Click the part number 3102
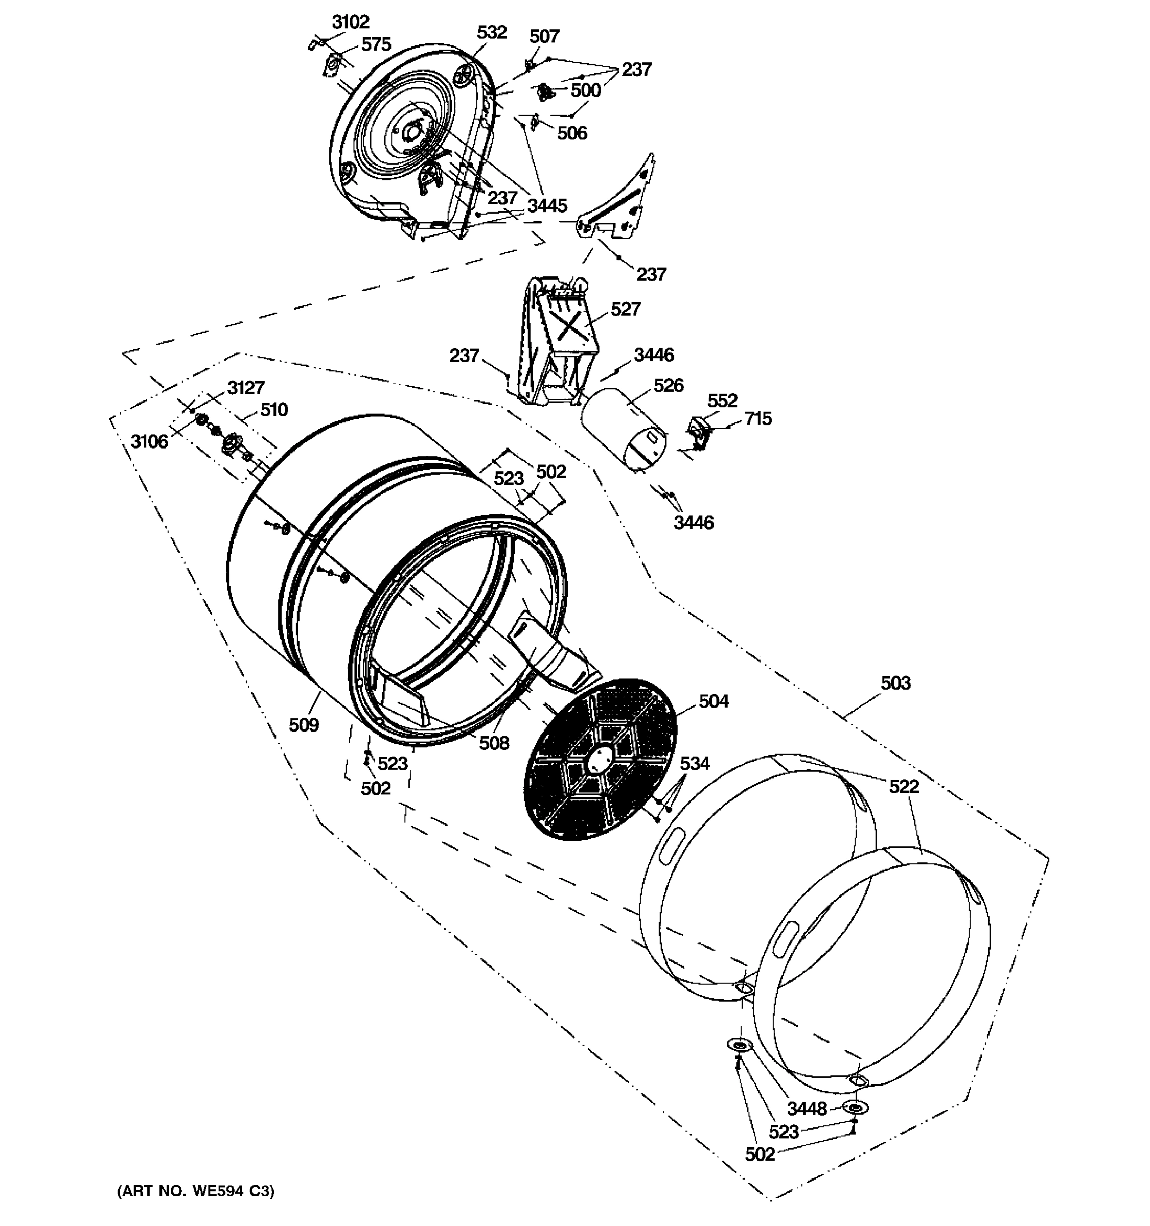[x=351, y=22]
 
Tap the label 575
[x=376, y=44]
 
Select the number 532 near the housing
[x=492, y=32]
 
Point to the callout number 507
[x=544, y=36]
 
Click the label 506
[x=572, y=133]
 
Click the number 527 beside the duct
[x=626, y=309]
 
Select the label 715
[x=757, y=419]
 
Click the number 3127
[x=245, y=388]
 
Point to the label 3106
[x=149, y=441]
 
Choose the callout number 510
[x=274, y=410]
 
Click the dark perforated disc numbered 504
[x=599, y=759]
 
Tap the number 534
[x=695, y=764]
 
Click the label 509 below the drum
[x=304, y=725]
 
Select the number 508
[x=494, y=743]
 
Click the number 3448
[x=807, y=1109]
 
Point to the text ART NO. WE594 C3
[x=196, y=1191]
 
